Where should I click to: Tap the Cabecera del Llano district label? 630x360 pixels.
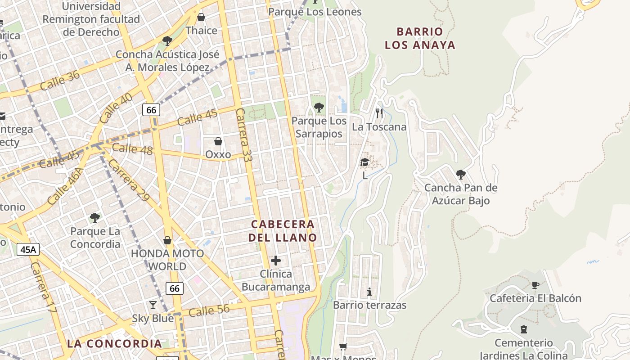283,231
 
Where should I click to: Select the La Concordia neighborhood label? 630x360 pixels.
114,344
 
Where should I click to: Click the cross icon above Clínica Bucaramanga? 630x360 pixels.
276,261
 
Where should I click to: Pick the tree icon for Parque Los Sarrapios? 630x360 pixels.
319,108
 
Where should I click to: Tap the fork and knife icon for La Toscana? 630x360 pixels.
379,113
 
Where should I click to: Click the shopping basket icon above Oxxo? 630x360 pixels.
218,141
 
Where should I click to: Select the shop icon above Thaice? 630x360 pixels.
201,18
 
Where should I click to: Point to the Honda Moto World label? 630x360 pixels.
167,260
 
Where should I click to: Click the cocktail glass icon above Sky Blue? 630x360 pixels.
153,305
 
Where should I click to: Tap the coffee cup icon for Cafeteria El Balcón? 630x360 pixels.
535,285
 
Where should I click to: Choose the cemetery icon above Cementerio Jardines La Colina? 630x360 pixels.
523,329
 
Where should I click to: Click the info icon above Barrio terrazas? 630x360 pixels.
369,292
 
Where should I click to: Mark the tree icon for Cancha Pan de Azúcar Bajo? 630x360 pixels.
460,174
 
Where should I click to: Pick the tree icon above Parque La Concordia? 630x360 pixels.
95,218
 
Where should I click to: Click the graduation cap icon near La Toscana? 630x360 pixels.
365,162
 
